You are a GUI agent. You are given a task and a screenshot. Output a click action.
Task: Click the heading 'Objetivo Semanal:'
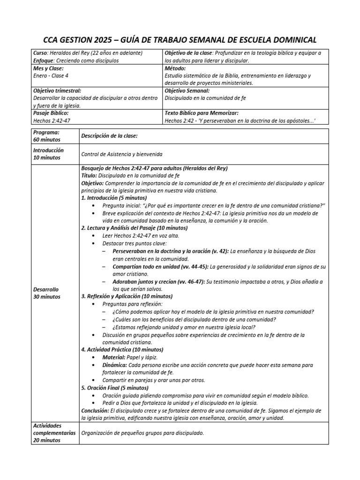[187, 90]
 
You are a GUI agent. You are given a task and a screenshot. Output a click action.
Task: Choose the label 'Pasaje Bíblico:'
[51, 113]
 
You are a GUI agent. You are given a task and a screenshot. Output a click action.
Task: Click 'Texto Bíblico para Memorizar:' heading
[202, 113]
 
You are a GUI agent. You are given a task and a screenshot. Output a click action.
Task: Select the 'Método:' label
[176, 68]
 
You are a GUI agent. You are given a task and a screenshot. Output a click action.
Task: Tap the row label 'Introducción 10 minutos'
[48, 154]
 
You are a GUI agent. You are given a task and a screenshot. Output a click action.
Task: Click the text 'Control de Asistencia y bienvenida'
[123, 154]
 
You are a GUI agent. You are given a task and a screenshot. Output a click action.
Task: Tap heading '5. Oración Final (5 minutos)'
[115, 388]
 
